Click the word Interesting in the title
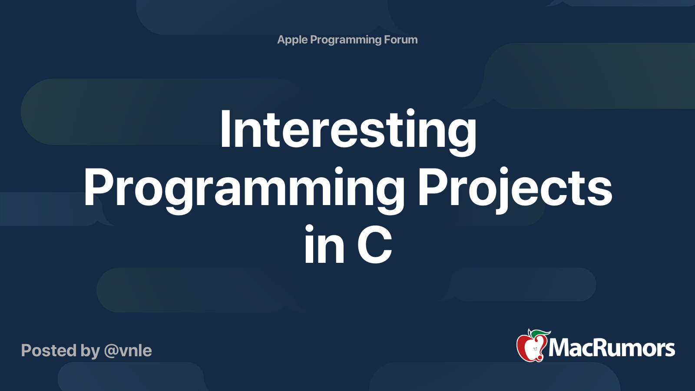pos(348,133)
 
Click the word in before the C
pos(324,244)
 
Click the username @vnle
pos(128,351)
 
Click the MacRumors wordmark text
pos(611,348)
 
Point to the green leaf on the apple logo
pos(540,334)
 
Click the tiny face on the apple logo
pos(535,349)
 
